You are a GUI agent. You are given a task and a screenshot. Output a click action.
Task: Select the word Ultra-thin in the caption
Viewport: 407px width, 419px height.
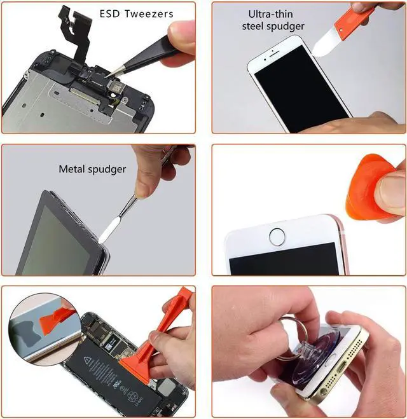coord(270,14)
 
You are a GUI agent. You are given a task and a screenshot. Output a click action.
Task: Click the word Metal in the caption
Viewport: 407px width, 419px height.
coord(72,169)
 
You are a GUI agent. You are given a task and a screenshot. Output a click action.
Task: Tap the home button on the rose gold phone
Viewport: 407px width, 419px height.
coord(277,237)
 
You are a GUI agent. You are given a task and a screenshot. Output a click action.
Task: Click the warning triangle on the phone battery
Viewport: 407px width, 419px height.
coord(88,361)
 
